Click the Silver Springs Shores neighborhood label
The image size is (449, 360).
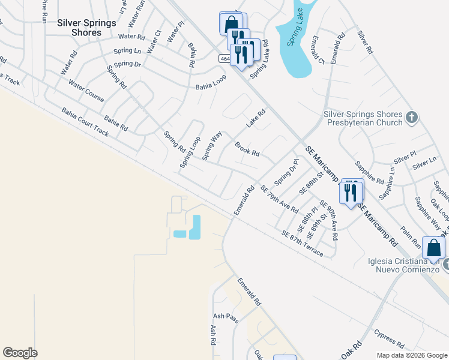(79, 28)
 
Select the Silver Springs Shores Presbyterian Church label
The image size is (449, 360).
(363, 117)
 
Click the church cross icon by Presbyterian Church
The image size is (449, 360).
(411, 117)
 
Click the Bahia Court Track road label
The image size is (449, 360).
(85, 122)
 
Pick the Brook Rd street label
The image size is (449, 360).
(247, 149)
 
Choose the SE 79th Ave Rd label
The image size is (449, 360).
(280, 199)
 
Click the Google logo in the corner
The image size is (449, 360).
(20, 353)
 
